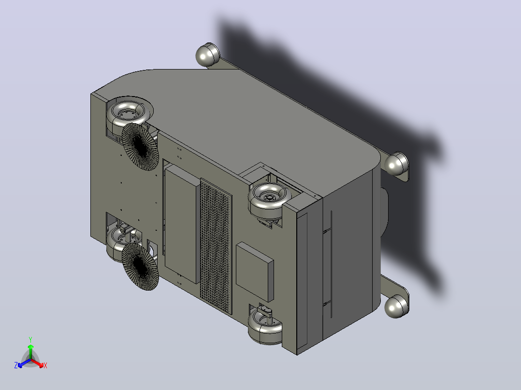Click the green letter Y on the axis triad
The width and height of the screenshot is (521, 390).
point(30,339)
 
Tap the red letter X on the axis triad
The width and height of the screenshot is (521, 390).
point(45,365)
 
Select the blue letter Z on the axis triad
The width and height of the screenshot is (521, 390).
point(16,365)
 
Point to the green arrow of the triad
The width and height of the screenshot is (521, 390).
point(30,351)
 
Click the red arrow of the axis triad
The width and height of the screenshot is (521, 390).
point(37,363)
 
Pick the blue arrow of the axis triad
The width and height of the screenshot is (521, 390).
point(24,363)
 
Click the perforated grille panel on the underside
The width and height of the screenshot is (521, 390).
point(216,246)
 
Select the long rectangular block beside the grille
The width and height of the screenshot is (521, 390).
point(182,224)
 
